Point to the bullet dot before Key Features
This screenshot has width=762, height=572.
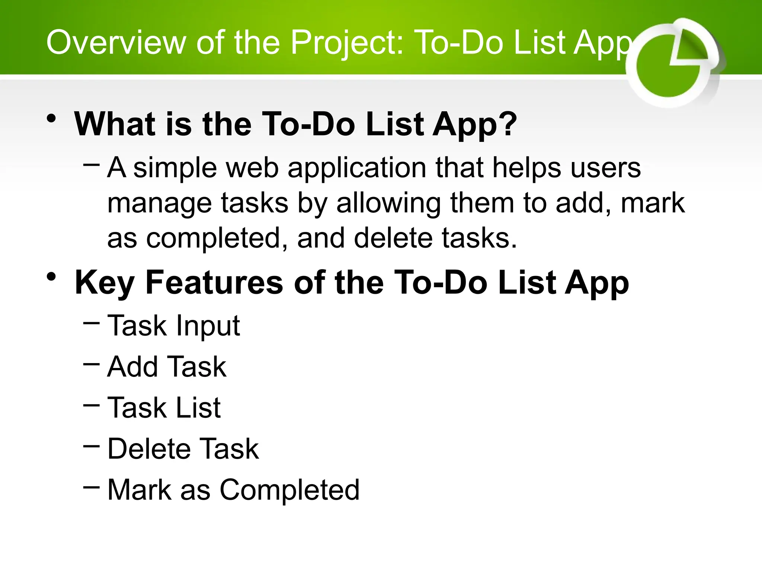(x=51, y=277)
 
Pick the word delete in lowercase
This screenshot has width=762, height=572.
(x=393, y=238)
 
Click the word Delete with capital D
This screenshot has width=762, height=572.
(x=149, y=449)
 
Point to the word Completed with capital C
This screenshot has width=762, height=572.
(x=289, y=490)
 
